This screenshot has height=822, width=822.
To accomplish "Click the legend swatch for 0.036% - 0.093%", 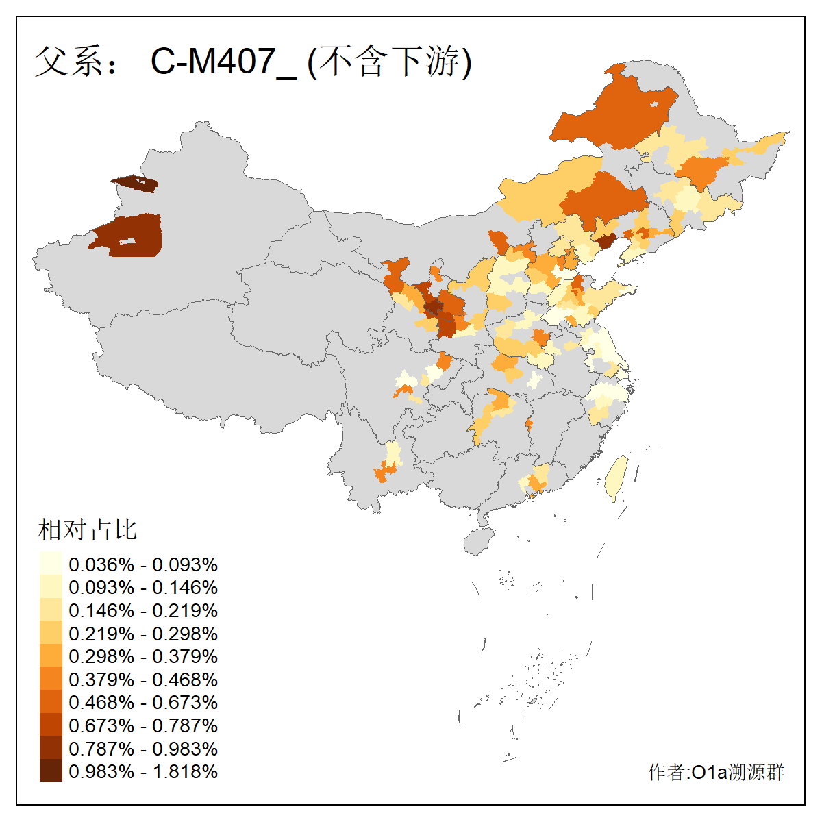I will pyautogui.click(x=51, y=564).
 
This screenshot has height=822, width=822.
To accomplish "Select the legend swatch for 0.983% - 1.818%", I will pyautogui.click(x=51, y=771).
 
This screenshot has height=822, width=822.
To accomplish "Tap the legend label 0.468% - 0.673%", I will pyautogui.click(x=143, y=702).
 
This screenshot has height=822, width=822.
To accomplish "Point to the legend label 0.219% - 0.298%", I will pyautogui.click(x=143, y=634).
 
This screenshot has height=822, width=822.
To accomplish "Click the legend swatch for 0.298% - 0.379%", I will pyautogui.click(x=51, y=656).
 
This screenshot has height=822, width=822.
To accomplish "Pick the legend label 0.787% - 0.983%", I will pyautogui.click(x=143, y=749).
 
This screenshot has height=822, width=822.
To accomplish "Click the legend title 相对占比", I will pyautogui.click(x=88, y=530).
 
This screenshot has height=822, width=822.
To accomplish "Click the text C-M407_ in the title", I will pyautogui.click(x=223, y=62).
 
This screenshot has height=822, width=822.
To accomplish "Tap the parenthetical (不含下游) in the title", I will pyautogui.click(x=390, y=62).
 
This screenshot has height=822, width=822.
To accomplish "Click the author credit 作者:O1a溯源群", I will pyautogui.click(x=716, y=772).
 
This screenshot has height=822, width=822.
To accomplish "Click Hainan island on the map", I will pyautogui.click(x=479, y=540).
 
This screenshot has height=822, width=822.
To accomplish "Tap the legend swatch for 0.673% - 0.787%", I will pyautogui.click(x=51, y=725).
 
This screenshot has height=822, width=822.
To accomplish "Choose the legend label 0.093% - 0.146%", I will pyautogui.click(x=143, y=588).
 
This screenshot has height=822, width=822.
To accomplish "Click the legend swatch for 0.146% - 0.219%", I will pyautogui.click(x=51, y=610).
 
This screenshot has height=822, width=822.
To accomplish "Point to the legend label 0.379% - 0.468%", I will pyautogui.click(x=143, y=680).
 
